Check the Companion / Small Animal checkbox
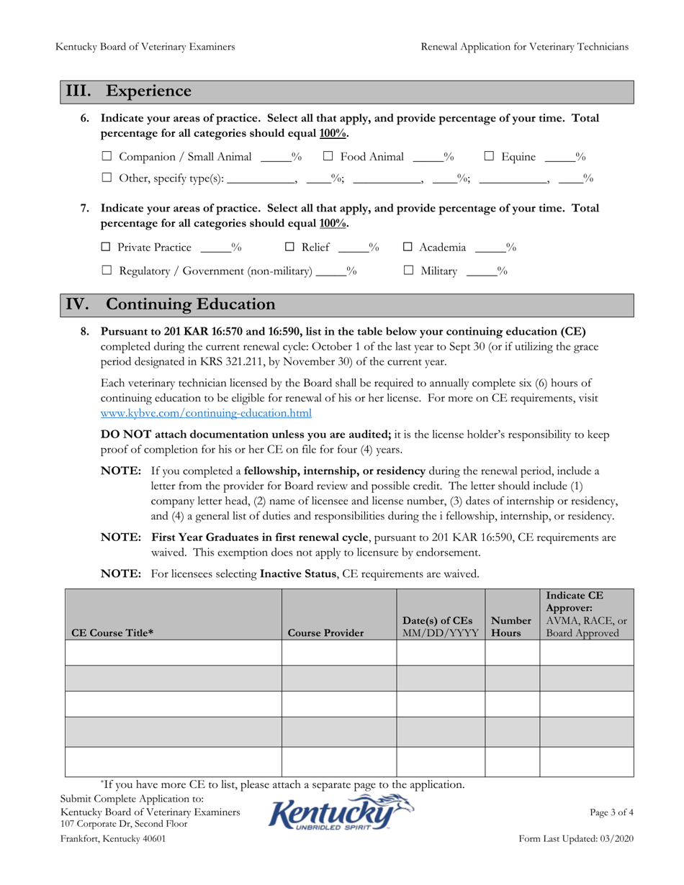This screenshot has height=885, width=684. [107, 157]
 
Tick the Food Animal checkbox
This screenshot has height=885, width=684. [328, 157]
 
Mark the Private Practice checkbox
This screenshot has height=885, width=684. [107, 248]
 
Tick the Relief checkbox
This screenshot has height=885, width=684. [289, 248]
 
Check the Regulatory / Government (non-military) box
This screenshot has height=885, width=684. [107, 271]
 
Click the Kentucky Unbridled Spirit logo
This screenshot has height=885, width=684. [341, 813]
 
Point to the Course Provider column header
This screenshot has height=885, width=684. [325, 633]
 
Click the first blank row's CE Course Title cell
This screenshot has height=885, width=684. [173, 653]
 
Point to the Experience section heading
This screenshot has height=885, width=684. [148, 91]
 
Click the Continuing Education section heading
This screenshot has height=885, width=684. [190, 304]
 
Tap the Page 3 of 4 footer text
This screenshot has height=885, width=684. [611, 812]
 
